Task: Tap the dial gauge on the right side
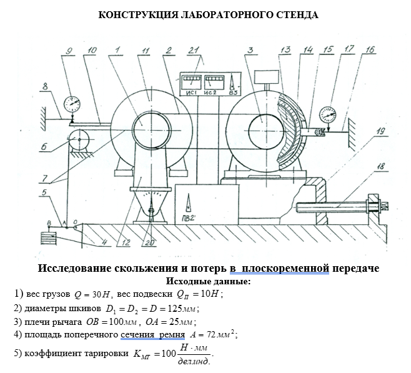pos(327,115)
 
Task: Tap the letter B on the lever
pos(49,223)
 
